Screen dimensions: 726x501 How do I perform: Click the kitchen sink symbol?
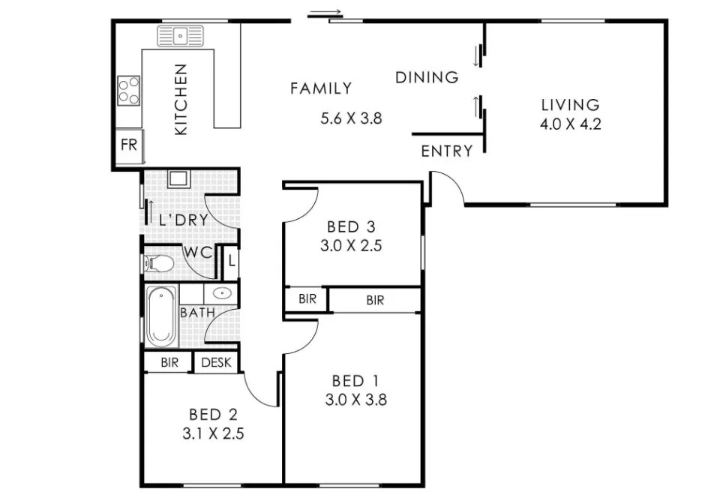tap(180, 36)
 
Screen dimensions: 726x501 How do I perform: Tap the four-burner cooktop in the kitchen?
tap(129, 90)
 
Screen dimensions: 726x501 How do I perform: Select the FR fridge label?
tap(129, 145)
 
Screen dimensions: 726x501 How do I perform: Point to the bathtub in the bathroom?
tap(161, 315)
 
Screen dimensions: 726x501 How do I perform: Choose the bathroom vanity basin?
tap(222, 293)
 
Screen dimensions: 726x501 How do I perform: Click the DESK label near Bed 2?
tap(216, 362)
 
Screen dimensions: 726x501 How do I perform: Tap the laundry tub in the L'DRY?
tap(179, 178)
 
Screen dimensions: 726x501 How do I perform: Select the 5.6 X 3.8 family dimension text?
tap(352, 118)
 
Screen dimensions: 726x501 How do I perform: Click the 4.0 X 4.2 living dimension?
tap(571, 124)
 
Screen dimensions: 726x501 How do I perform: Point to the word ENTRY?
tap(447, 151)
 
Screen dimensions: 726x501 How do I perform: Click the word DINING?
tap(427, 77)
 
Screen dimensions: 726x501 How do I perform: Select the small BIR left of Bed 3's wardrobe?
tap(307, 299)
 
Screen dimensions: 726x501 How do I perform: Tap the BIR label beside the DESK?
tap(169, 362)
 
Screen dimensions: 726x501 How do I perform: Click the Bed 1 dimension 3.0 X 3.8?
tap(355, 400)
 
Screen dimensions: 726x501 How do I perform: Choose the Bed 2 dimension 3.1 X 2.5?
tap(213, 433)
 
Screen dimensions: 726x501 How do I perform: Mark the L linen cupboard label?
tap(232, 261)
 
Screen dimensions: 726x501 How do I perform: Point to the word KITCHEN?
tap(181, 100)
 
